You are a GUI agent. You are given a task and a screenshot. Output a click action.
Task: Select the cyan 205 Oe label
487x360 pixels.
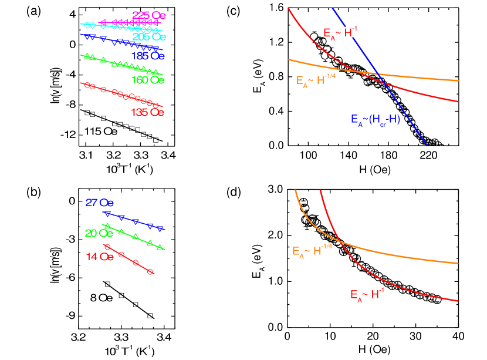(x=149, y=37)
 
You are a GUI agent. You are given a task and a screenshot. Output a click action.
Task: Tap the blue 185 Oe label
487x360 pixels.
(x=148, y=56)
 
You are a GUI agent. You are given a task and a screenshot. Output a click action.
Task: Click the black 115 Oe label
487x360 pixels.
(x=101, y=131)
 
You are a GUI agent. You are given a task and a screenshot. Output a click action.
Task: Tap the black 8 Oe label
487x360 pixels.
(x=104, y=298)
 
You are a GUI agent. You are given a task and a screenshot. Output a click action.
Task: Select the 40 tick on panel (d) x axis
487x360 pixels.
(x=459, y=337)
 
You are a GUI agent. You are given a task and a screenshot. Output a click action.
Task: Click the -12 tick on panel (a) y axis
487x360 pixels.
(x=68, y=134)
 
